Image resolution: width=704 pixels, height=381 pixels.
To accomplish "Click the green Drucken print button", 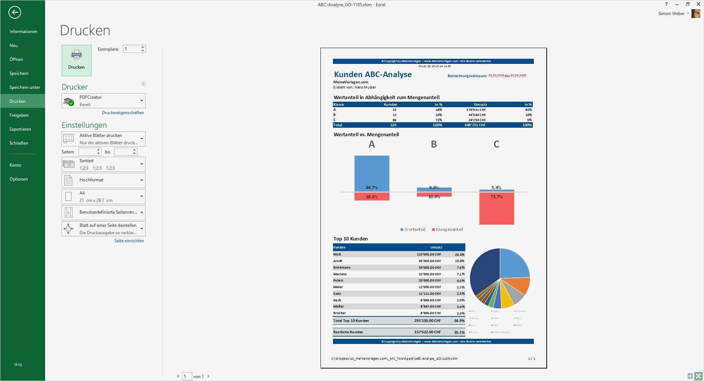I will pos(76,60).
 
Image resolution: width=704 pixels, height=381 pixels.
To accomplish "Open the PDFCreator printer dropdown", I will pos(103,101).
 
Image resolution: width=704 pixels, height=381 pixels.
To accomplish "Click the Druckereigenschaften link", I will pos(123,113).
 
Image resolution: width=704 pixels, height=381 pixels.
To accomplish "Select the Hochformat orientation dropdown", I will pos(103,180).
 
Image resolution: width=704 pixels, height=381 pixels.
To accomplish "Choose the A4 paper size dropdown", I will pos(103,197).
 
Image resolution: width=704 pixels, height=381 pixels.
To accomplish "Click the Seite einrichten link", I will pos(129,241).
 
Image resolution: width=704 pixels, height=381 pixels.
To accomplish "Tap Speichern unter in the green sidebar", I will pos(25,87).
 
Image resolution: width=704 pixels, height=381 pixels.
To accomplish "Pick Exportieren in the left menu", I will pos(20,129).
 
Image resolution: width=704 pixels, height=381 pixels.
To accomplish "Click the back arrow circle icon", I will pos(15,12).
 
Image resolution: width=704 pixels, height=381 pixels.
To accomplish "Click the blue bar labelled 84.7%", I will pos(371,173).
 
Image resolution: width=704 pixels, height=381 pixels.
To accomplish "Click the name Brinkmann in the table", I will pos(342,268).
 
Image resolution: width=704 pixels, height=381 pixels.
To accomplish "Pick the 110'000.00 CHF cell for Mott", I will pos(429,254).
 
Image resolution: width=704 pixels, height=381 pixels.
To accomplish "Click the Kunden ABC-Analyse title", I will pos(373,75).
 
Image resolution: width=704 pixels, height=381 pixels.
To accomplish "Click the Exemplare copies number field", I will pos(132,49).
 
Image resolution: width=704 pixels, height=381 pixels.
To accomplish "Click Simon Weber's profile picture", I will pos(696,14).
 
